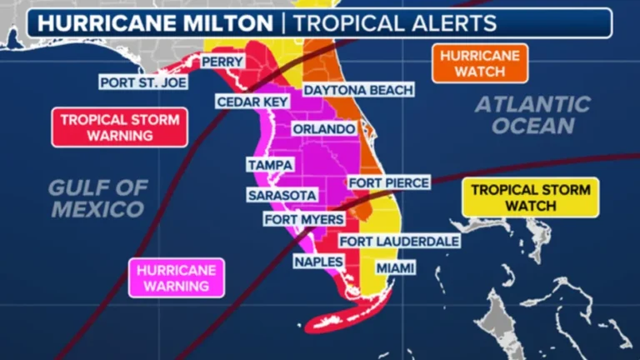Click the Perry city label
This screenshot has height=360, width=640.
pos(222,62)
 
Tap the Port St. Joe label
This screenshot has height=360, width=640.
pos(142,82)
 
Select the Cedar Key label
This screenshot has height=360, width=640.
pos(252,102)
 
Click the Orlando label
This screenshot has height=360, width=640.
pos(323,129)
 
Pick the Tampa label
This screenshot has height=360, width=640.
pos(270,165)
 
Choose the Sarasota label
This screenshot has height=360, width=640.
pos(282,195)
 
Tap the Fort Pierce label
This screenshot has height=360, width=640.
pos(388,182)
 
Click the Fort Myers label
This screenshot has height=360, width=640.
pos(297,220)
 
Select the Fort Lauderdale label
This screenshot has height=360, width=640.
pos(399,241)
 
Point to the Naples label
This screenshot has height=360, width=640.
pos(318,262)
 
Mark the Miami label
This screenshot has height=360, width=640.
pos(395,268)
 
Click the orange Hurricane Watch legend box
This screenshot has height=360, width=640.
pos(480,63)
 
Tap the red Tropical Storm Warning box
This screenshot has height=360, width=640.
pos(119,127)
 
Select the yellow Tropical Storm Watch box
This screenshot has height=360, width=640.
pos(530,197)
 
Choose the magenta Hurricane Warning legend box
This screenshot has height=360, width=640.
pos(176,277)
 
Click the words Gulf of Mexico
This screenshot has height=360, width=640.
pos(98,198)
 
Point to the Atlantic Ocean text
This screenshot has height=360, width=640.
pos(533,115)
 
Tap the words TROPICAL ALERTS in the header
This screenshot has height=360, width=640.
pos(396,22)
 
